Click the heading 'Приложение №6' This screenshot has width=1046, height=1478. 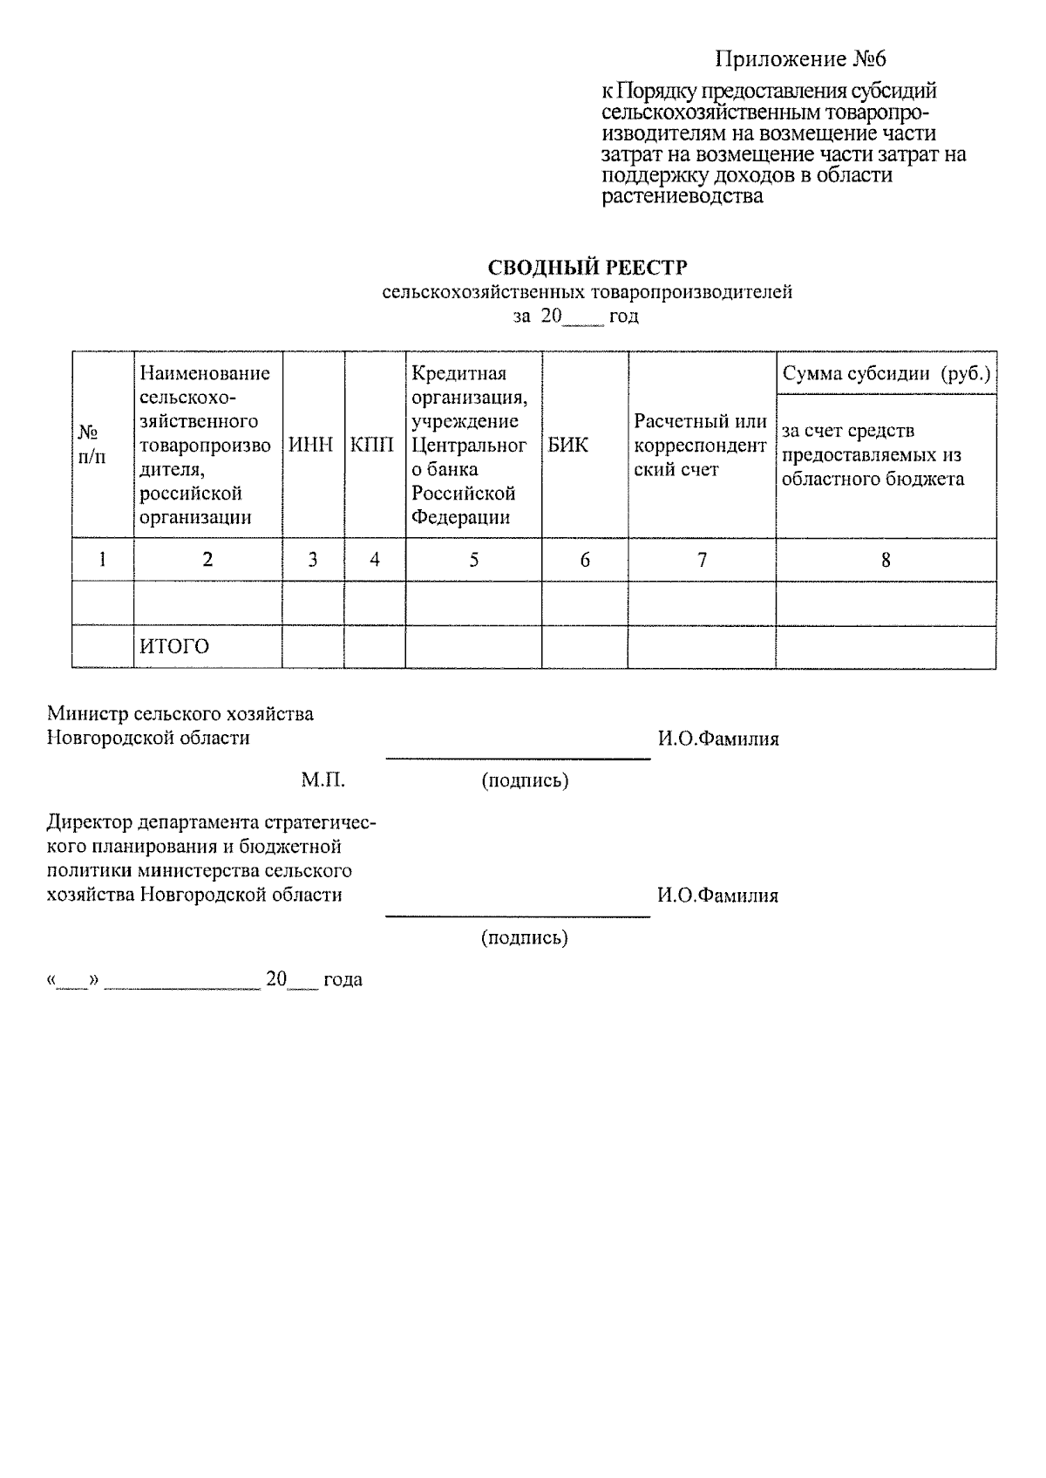[799, 59]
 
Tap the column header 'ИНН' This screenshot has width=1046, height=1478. [311, 445]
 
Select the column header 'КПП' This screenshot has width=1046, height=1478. [372, 445]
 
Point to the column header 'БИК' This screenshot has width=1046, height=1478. [568, 445]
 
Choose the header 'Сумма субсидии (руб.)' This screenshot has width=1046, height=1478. [886, 374]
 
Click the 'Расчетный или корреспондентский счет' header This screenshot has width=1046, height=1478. [700, 446]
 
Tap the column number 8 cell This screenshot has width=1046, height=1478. [886, 560]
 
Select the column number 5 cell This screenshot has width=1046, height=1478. [473, 560]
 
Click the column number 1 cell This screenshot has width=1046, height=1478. [102, 560]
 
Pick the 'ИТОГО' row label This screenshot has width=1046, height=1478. [174, 647]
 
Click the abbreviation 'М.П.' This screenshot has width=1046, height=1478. [323, 780]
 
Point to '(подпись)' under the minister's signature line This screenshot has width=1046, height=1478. [525, 780]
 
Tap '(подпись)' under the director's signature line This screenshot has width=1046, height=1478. [525, 937]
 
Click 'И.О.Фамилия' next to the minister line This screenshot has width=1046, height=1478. [717, 739]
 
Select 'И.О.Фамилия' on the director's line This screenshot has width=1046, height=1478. [717, 896]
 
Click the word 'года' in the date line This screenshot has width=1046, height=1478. [343, 979]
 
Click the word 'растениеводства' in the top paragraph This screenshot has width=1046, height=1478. [682, 196]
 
